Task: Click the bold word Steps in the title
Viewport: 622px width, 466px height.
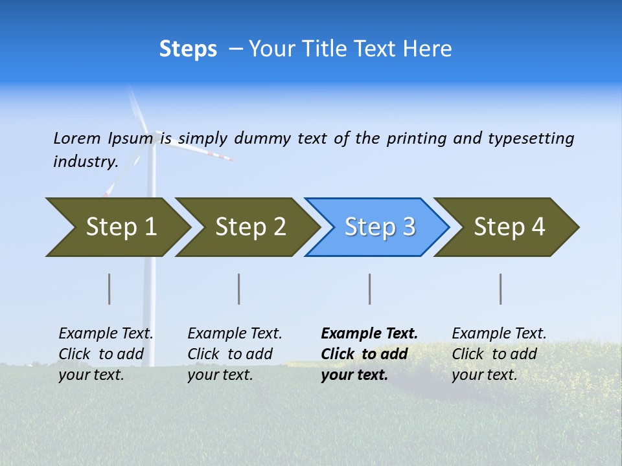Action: coord(188,49)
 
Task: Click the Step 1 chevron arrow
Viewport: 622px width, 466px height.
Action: coord(117,227)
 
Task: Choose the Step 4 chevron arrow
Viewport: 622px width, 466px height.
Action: coord(507,227)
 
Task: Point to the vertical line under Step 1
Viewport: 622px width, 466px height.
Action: coord(109,289)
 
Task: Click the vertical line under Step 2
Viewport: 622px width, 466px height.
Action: coord(239,289)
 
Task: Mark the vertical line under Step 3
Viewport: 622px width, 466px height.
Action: coord(370,289)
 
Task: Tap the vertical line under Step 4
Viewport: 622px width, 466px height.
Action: coord(501,289)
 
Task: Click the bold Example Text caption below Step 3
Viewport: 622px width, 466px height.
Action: coord(369,354)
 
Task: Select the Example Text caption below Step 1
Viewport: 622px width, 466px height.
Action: coord(106,354)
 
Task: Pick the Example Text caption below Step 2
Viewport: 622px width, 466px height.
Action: coord(235,354)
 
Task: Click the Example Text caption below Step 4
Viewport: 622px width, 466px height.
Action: coord(499,354)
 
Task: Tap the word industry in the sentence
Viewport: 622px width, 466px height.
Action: coord(85,162)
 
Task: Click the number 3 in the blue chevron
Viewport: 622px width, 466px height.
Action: coord(409,227)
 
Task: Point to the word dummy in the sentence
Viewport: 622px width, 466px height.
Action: coord(262,139)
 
